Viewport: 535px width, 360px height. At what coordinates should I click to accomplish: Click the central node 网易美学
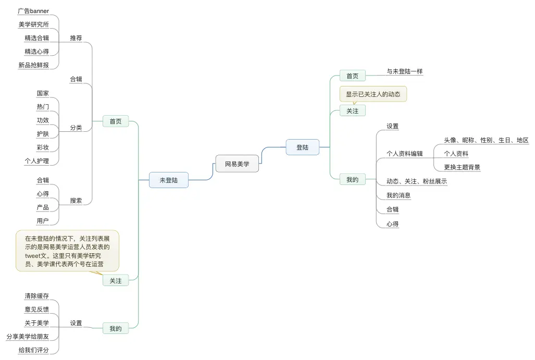(x=237, y=164)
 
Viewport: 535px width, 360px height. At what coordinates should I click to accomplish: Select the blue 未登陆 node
(x=168, y=180)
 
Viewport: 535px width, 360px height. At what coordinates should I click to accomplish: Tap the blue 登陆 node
(x=302, y=147)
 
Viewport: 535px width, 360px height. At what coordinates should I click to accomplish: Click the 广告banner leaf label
(x=33, y=11)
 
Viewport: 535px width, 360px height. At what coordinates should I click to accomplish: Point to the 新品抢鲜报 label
(x=33, y=65)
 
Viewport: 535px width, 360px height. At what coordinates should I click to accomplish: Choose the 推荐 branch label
(x=76, y=38)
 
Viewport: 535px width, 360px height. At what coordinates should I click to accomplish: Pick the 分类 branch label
(x=76, y=128)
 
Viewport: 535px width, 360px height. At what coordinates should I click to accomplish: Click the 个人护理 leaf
(x=36, y=161)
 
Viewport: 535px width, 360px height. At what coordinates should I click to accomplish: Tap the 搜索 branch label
(x=76, y=201)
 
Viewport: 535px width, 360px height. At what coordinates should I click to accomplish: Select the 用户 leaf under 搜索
(x=43, y=221)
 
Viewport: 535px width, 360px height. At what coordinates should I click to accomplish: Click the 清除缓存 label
(x=36, y=296)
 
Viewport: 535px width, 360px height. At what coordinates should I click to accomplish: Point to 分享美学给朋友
(x=28, y=337)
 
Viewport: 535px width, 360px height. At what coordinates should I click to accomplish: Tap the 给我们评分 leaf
(x=33, y=350)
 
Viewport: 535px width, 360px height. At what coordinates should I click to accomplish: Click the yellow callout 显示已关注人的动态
(x=373, y=94)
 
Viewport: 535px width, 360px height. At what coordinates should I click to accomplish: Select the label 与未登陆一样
(x=404, y=71)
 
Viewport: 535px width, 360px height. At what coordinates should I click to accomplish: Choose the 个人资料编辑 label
(x=404, y=154)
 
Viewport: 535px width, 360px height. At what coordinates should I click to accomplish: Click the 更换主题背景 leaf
(x=462, y=167)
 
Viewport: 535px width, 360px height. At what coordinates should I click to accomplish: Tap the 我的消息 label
(x=399, y=195)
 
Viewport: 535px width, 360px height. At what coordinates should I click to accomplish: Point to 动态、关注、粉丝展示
(x=416, y=181)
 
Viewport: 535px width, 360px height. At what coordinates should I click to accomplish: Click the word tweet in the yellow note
(x=33, y=256)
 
